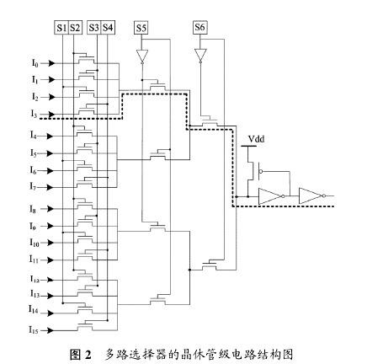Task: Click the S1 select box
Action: pos(61,28)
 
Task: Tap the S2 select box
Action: pos(75,28)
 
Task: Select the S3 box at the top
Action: pos(94,28)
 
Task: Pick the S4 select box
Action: pos(108,28)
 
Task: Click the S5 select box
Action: pos(141,28)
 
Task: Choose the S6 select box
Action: pos(200,28)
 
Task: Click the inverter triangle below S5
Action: pos(142,56)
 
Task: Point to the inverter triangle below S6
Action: pos(200,56)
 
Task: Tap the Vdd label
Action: pos(257,139)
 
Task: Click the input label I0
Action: pos(35,63)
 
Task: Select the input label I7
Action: pos(34,186)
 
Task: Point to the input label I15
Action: pos(34,329)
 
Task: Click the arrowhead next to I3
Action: pos(51,115)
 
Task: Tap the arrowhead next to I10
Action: pos(51,243)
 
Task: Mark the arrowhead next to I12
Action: pos(51,280)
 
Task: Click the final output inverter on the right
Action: pos(312,195)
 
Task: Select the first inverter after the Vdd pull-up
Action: pos(271,196)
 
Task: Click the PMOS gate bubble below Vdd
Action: pos(261,171)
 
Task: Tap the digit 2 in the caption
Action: pos(88,355)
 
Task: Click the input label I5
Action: pos(34,153)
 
